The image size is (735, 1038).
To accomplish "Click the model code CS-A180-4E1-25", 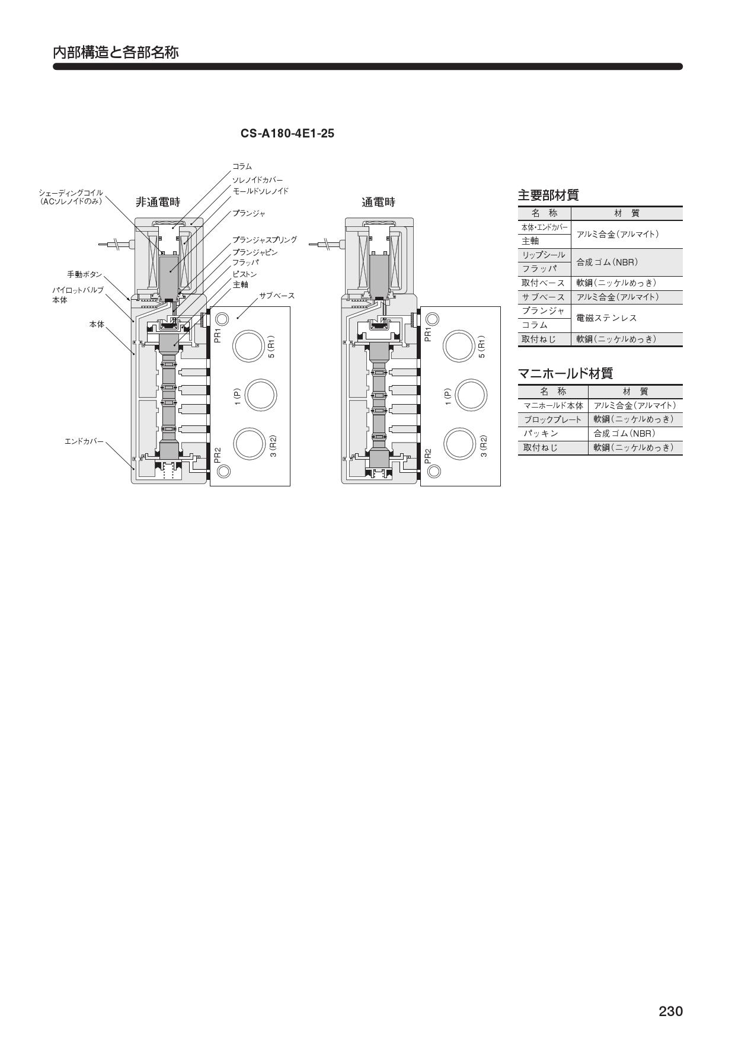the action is pyautogui.click(x=287, y=133).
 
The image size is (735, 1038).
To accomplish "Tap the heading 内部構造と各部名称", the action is pyautogui.click(x=116, y=52).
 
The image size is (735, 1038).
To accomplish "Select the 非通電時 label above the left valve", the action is pyautogui.click(x=158, y=202).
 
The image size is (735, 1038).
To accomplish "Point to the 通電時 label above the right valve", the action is pyautogui.click(x=378, y=202).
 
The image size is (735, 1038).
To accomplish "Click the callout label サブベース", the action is pyautogui.click(x=277, y=296).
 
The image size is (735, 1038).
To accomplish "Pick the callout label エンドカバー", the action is pyautogui.click(x=84, y=441).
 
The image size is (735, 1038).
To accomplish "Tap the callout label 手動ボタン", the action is pyautogui.click(x=85, y=274).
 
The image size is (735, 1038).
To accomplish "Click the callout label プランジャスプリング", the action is pyautogui.click(x=264, y=240).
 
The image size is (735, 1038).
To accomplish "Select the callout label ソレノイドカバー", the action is pyautogui.click(x=257, y=180).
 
